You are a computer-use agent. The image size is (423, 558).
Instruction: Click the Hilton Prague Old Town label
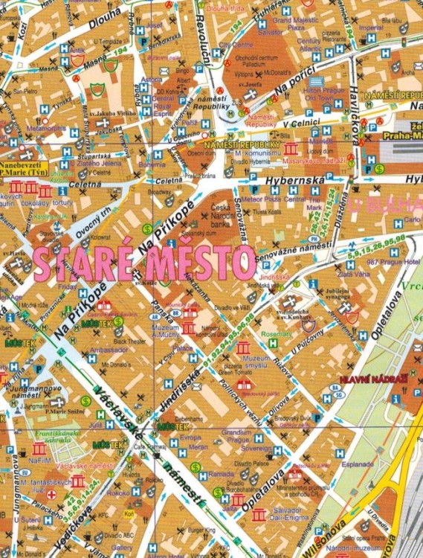tap(324, 89)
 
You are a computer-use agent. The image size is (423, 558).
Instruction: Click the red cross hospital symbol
tap(51, 493)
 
